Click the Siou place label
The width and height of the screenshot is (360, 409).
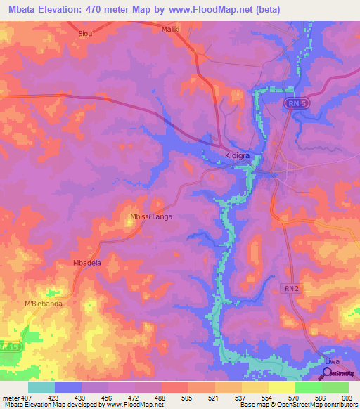pyautogui.click(x=85, y=32)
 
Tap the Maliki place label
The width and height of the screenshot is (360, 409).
pyautogui.click(x=171, y=29)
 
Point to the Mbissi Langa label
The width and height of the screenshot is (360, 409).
pyautogui.click(x=151, y=216)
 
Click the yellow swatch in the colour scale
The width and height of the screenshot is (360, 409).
pyautogui.click(x=281, y=387)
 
